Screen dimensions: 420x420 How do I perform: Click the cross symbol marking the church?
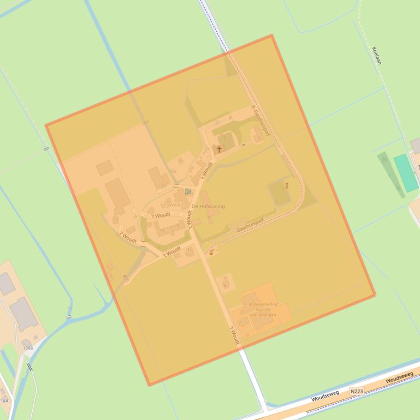click(220, 148)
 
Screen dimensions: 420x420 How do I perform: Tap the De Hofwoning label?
click(208, 206)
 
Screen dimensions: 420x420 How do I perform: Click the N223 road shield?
click(357, 391)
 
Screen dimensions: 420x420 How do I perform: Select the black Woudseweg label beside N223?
click(326, 395)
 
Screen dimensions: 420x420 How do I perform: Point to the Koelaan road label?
click(376, 55)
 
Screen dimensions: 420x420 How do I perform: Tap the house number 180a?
click(28, 347)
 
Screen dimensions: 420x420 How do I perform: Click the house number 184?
click(4, 401)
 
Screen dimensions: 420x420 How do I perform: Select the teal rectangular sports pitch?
click(406, 172)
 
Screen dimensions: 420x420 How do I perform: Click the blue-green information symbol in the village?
click(188, 191)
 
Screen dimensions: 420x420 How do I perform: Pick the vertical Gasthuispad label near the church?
click(262, 121)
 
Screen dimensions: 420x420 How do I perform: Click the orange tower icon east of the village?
click(287, 185)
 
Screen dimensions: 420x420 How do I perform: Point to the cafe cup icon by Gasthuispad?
click(211, 253)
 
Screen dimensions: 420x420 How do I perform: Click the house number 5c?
click(173, 171)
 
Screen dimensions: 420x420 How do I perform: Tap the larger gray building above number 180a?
click(23, 314)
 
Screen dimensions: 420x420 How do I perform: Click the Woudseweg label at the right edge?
click(399, 378)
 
